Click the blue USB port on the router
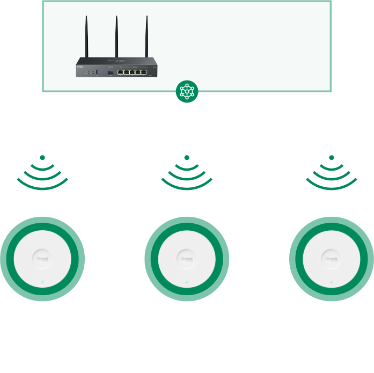[97, 72]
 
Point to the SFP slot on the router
[110, 72]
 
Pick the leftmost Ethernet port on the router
[121, 72]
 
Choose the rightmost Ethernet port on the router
[144, 72]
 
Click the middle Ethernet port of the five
[132, 72]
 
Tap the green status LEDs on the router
[89, 72]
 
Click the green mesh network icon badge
[187, 91]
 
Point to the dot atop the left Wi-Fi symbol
[42, 158]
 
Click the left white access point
[42, 259]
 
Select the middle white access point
[187, 259]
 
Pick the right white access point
[332, 259]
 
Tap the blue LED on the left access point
[42, 282]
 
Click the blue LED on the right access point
[332, 282]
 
